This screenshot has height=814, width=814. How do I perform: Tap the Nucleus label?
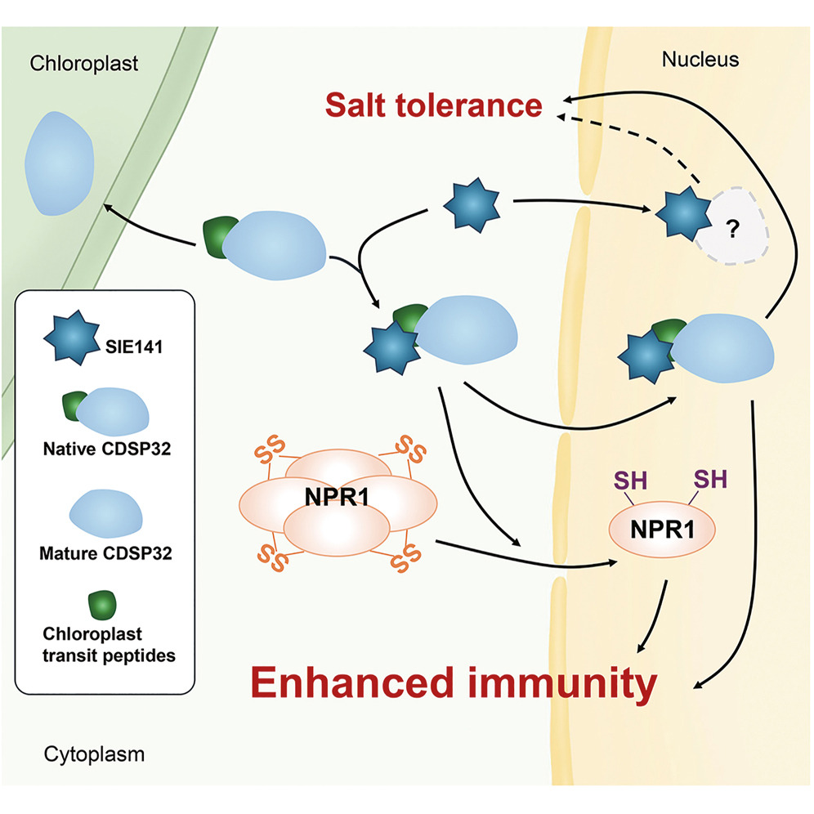point(700,60)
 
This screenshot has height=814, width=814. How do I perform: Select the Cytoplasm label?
point(94,754)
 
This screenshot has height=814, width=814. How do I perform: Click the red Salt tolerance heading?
point(433,105)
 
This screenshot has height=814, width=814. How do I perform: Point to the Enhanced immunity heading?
point(453,683)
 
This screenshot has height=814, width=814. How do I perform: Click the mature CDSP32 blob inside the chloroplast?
point(59,161)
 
